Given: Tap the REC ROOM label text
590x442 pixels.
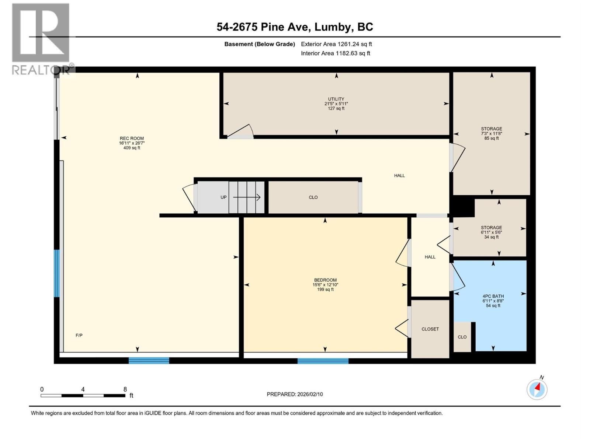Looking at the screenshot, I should pyautogui.click(x=132, y=139).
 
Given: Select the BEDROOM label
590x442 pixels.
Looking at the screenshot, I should pyautogui.click(x=325, y=280).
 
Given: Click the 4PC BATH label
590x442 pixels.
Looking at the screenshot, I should pyautogui.click(x=493, y=297).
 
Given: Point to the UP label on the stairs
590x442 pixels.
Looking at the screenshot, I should pyautogui.click(x=223, y=197).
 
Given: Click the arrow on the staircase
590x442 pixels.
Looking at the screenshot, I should pyautogui.click(x=247, y=197).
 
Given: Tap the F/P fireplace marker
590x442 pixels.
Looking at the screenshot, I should pyautogui.click(x=79, y=336).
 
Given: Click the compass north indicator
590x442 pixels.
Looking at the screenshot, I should pyautogui.click(x=537, y=389).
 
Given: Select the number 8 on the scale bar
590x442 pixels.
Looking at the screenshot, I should pyautogui.click(x=125, y=389).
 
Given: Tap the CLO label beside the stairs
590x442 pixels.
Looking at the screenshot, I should pyautogui.click(x=313, y=197).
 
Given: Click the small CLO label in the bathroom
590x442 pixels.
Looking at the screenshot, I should pyautogui.click(x=462, y=337).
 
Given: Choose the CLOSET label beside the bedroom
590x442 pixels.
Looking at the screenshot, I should pyautogui.click(x=430, y=329).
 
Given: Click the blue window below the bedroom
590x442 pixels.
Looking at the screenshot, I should pyautogui.click(x=323, y=361).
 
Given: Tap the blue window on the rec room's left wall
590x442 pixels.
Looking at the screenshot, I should pyautogui.click(x=57, y=273).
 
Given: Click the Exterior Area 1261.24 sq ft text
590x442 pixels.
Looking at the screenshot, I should pyautogui.click(x=336, y=44).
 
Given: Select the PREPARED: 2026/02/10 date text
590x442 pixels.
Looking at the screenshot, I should pyautogui.click(x=295, y=394).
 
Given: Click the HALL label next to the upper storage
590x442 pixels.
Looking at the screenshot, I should pyautogui.click(x=399, y=176).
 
